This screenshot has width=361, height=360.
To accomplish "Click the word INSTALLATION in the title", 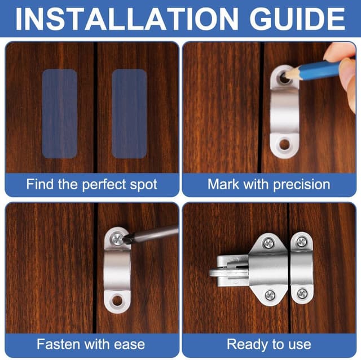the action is coord(126,19).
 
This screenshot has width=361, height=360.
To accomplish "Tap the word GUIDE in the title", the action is coord(297,19).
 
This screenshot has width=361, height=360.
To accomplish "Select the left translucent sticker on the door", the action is coord(60,114).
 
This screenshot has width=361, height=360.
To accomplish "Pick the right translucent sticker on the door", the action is coord(129,114).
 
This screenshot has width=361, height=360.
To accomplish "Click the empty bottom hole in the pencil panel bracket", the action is coord(285,145).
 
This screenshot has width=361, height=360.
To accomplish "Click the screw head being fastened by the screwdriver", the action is coord(117,239).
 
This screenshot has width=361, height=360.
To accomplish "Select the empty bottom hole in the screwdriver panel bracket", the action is coord(117,300).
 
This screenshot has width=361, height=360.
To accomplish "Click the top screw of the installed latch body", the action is coord(268,243).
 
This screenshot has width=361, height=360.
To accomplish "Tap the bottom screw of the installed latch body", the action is coord(270,295).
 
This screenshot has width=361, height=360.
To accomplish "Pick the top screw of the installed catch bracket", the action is coord(302,242).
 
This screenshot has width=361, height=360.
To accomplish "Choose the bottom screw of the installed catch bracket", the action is coord(302,294).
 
